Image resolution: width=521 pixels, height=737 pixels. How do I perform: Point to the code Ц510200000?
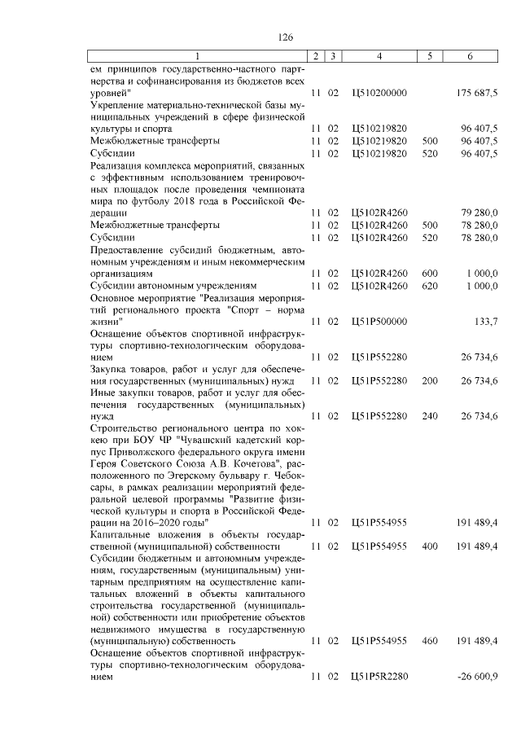(x=379, y=94)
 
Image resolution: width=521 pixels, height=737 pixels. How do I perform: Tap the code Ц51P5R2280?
(x=379, y=677)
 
